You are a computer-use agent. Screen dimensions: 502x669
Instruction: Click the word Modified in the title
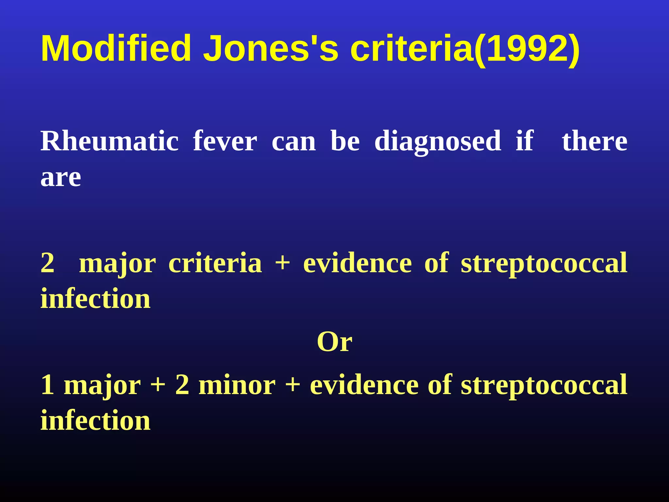[x=116, y=48]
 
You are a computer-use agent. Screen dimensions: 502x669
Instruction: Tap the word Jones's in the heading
[x=271, y=48]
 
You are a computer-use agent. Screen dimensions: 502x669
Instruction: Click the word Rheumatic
[x=109, y=141]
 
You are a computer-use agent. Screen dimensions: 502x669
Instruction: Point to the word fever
[x=225, y=141]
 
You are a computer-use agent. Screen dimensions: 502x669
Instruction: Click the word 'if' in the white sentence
[x=525, y=141]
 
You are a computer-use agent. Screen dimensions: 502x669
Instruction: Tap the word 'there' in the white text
[x=595, y=141]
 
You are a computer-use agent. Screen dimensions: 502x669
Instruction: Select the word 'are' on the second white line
[x=61, y=178]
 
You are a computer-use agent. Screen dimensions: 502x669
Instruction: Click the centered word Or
[x=334, y=342]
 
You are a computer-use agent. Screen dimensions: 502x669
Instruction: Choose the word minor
[x=237, y=385]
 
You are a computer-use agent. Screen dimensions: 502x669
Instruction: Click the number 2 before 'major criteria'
[x=48, y=263]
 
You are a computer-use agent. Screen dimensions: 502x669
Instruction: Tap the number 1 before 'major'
[x=47, y=385]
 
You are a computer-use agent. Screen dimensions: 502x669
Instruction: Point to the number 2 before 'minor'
[x=182, y=385]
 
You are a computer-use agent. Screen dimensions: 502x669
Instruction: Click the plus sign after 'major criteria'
[x=283, y=263]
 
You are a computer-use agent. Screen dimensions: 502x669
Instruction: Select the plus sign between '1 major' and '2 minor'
[x=158, y=385]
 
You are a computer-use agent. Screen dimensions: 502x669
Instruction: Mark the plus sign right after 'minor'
[x=293, y=385]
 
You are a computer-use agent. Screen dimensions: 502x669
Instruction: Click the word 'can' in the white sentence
[x=294, y=142]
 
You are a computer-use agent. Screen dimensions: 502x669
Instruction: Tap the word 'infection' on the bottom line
[x=95, y=421]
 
